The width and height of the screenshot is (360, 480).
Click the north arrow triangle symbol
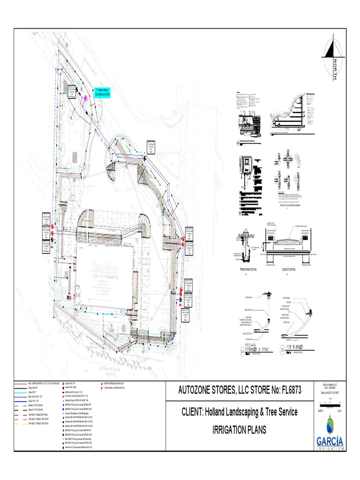[x=330, y=49]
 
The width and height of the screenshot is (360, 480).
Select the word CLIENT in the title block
[x=194, y=412]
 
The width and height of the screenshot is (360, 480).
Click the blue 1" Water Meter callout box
[x=102, y=92]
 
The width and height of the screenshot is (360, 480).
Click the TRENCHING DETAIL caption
[x=245, y=270]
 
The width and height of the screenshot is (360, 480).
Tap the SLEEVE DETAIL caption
[x=289, y=270]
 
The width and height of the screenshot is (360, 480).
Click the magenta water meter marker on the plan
[x=86, y=98]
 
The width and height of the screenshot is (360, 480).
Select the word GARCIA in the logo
[x=330, y=441]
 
